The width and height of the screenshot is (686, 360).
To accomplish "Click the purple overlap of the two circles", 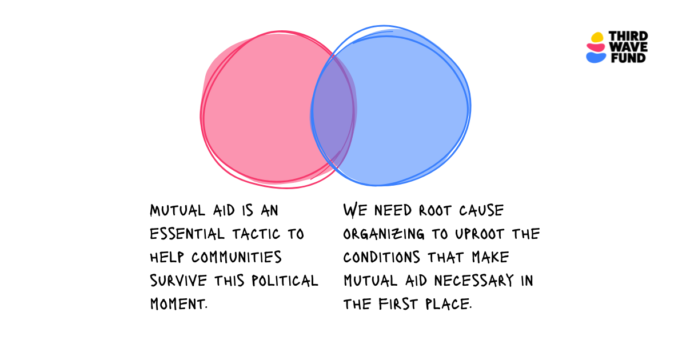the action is (333, 112).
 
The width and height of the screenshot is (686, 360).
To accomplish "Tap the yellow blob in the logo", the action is (597, 37).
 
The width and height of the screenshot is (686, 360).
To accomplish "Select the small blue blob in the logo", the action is (596, 58).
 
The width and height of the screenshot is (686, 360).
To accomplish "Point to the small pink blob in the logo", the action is (596, 47).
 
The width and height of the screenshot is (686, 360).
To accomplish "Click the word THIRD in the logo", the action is (628, 36).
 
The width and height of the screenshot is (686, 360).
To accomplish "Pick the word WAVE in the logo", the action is (628, 47).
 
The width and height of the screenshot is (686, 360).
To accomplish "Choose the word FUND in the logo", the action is (628, 58).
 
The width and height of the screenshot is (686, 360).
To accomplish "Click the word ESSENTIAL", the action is (187, 234).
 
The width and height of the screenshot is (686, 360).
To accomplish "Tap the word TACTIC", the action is (256, 234).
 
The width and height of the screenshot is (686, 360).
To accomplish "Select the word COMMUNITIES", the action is (237, 257).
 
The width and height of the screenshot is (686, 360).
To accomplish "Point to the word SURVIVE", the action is (178, 281).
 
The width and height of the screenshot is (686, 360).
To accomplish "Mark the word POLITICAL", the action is (285, 281).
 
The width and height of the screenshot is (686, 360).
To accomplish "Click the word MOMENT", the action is (179, 304).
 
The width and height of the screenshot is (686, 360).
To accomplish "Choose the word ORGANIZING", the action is (384, 234).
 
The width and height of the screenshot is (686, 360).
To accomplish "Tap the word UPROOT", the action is (479, 234).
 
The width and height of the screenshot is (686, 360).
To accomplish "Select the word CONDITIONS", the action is (382, 257).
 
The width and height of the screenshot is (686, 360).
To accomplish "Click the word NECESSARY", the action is (474, 281).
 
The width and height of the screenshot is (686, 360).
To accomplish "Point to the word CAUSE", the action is (481, 211).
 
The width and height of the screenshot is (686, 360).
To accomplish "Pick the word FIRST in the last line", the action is (398, 304).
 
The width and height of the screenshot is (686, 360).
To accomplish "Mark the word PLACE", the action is (449, 304).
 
